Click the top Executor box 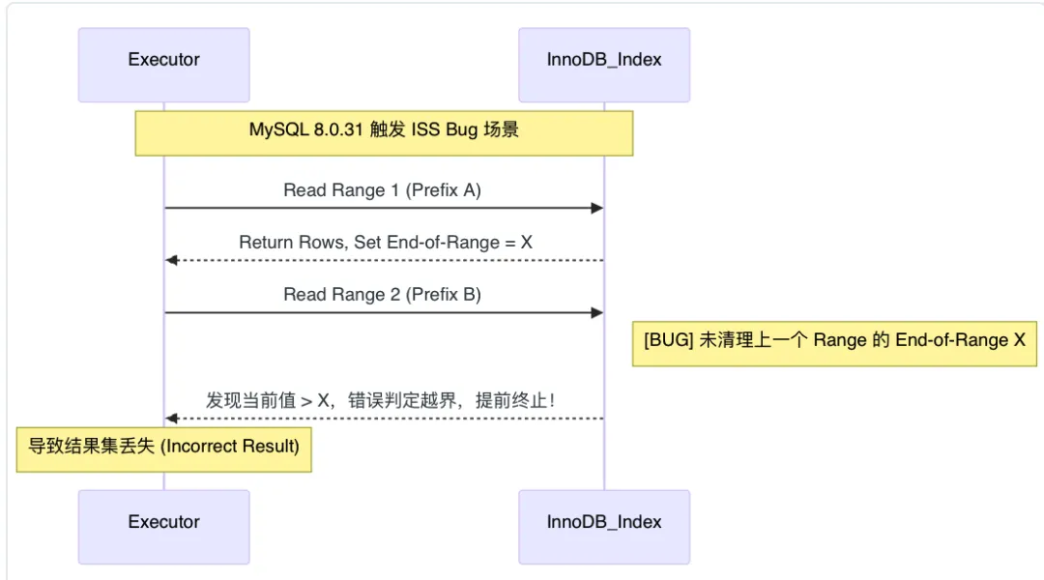click(163, 64)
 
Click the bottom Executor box click(163, 526)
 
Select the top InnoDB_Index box click(604, 64)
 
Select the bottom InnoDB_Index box click(604, 526)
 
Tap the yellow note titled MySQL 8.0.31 click(384, 132)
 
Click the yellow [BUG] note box click(834, 343)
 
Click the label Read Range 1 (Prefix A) click(382, 190)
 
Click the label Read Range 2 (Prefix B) click(382, 295)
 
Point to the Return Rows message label click(386, 243)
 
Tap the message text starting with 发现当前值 click(380, 399)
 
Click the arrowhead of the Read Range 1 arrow click(597, 209)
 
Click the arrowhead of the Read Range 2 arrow click(597, 313)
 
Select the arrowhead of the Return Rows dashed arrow click(171, 261)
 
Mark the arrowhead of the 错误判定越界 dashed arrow click(171, 419)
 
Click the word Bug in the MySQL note click(461, 130)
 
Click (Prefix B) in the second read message click(443, 295)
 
